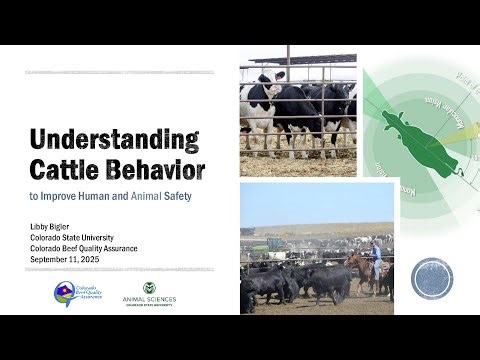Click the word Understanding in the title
pyautogui.click(x=113, y=139)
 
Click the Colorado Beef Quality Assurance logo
pyautogui.click(x=76, y=294)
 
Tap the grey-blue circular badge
pyautogui.click(x=432, y=279)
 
